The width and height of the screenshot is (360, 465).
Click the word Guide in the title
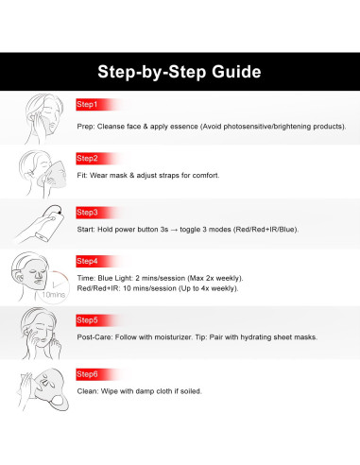(x=236, y=72)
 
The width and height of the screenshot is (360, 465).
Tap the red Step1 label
(x=87, y=105)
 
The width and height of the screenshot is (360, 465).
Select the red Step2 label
(x=87, y=159)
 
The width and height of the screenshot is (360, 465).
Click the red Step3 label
(x=87, y=213)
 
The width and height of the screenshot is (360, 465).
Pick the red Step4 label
(x=87, y=261)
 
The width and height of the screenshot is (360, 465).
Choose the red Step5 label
(x=87, y=320)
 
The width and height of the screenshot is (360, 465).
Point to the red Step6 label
(x=87, y=374)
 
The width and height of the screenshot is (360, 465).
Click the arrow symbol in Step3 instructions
(x=174, y=230)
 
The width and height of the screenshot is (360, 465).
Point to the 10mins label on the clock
(x=54, y=295)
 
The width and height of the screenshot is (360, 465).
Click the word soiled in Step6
(x=191, y=391)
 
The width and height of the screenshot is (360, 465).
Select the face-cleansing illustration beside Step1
(x=43, y=119)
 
